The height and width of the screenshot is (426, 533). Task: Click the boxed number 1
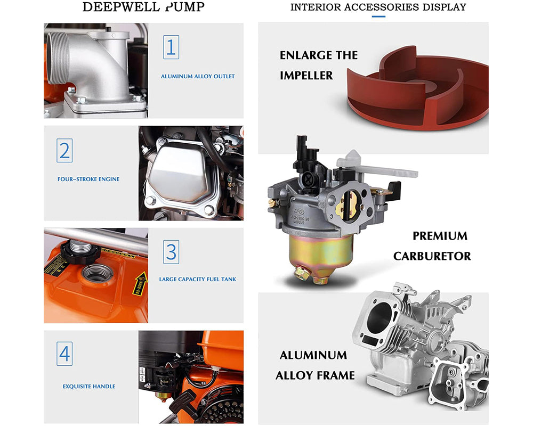tap(171, 47)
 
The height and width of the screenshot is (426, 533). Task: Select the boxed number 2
tap(64, 151)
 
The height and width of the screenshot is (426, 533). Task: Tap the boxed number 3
tap(171, 251)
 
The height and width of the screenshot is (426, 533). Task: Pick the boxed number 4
tap(64, 354)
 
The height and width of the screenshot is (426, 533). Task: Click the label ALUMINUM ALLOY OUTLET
tap(198, 77)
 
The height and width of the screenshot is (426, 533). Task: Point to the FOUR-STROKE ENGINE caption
tap(88, 179)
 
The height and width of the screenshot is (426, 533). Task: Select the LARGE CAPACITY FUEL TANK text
tap(197, 279)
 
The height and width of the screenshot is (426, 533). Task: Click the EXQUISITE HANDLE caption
tap(89, 387)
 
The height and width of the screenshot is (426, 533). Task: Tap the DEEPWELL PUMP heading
tap(143, 7)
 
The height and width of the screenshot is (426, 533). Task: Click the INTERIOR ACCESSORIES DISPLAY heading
tap(378, 7)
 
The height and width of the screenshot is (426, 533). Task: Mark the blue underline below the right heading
tap(378, 17)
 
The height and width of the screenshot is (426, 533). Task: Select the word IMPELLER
tap(306, 76)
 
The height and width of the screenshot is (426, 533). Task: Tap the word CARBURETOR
tap(432, 256)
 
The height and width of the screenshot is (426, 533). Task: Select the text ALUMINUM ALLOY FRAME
tap(314, 365)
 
